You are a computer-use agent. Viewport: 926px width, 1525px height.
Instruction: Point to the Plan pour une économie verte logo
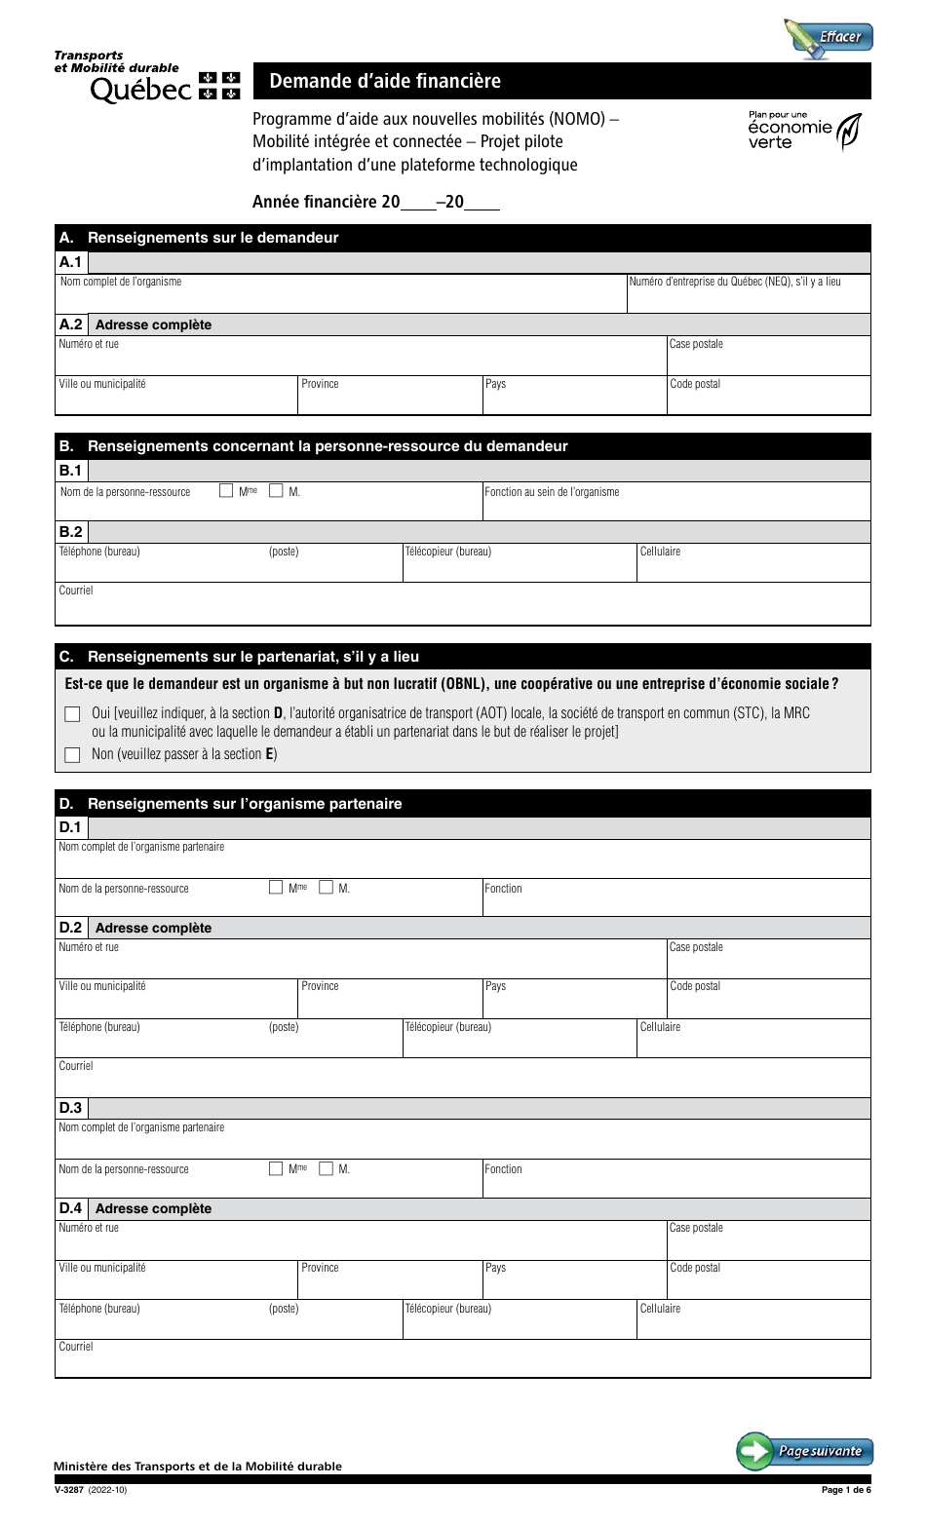click(x=804, y=130)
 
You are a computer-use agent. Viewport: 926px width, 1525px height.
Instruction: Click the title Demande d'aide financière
click(x=385, y=82)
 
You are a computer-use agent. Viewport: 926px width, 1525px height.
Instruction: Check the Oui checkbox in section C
click(x=72, y=714)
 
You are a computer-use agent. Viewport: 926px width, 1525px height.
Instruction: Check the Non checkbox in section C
click(x=72, y=754)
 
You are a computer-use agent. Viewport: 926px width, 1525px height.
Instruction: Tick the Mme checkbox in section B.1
click(x=227, y=491)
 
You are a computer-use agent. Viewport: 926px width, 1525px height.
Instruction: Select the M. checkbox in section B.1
click(x=276, y=491)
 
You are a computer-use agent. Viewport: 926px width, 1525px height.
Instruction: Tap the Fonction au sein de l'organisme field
click(x=675, y=508)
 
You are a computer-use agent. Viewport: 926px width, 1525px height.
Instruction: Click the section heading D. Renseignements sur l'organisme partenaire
click(x=245, y=804)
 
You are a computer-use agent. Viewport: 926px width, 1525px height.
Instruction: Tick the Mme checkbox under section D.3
click(x=276, y=1168)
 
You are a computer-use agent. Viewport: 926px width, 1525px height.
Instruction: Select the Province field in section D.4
click(x=389, y=1285)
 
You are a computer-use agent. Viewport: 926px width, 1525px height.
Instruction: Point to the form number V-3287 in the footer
click(x=70, y=1489)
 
